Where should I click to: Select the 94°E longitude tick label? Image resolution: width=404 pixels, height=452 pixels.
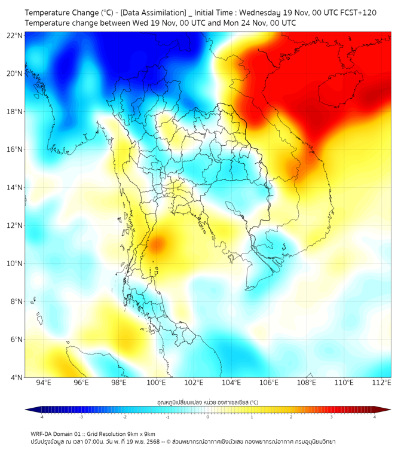(44, 383)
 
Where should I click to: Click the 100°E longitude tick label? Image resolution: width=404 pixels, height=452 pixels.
(157, 383)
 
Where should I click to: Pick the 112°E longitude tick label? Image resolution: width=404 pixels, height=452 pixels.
(382, 383)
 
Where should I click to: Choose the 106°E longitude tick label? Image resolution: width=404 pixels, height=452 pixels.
(269, 383)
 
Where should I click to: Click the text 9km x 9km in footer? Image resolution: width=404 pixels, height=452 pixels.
(139, 433)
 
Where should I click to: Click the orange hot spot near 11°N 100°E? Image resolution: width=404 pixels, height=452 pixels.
(156, 244)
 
